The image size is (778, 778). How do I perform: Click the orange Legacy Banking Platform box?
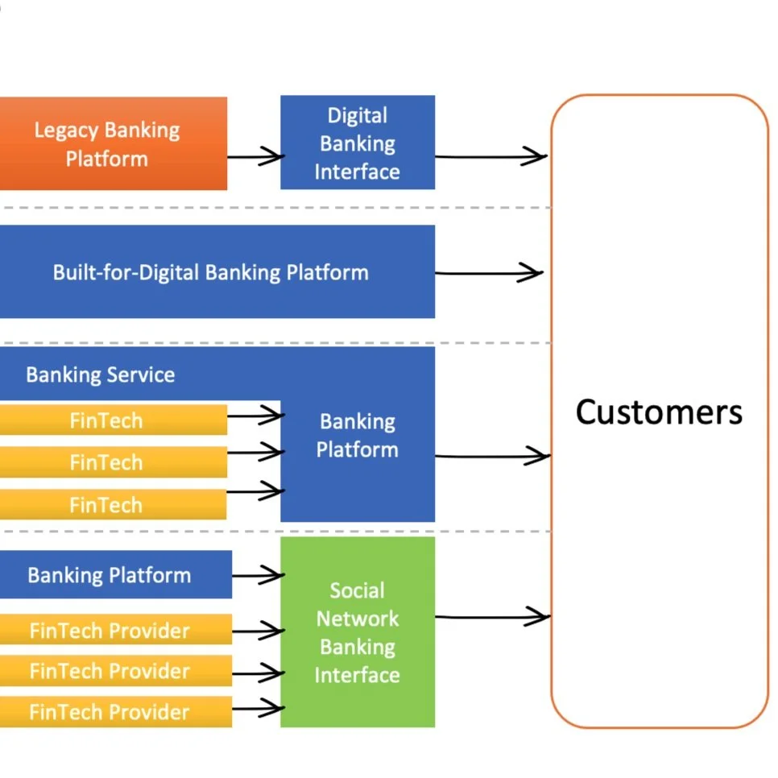[113, 144]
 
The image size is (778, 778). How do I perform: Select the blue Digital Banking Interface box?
[357, 143]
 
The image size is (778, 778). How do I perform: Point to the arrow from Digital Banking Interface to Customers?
[491, 156]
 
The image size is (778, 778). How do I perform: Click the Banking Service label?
[100, 375]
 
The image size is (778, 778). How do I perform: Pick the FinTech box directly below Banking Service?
[112, 420]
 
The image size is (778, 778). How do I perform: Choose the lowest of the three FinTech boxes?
[112, 505]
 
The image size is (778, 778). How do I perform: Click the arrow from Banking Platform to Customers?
[491, 457]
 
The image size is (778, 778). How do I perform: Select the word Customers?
[659, 412]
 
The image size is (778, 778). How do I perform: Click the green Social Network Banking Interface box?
[357, 632]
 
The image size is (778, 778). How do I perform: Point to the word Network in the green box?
[357, 619]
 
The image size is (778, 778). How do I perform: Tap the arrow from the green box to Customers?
[491, 618]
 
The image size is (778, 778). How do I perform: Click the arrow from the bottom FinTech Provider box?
[258, 709]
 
